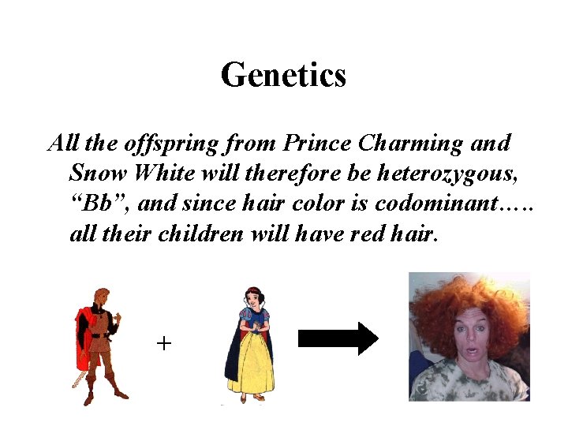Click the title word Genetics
(283, 76)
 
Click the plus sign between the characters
(164, 343)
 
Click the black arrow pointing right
(338, 339)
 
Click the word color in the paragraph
(317, 203)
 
